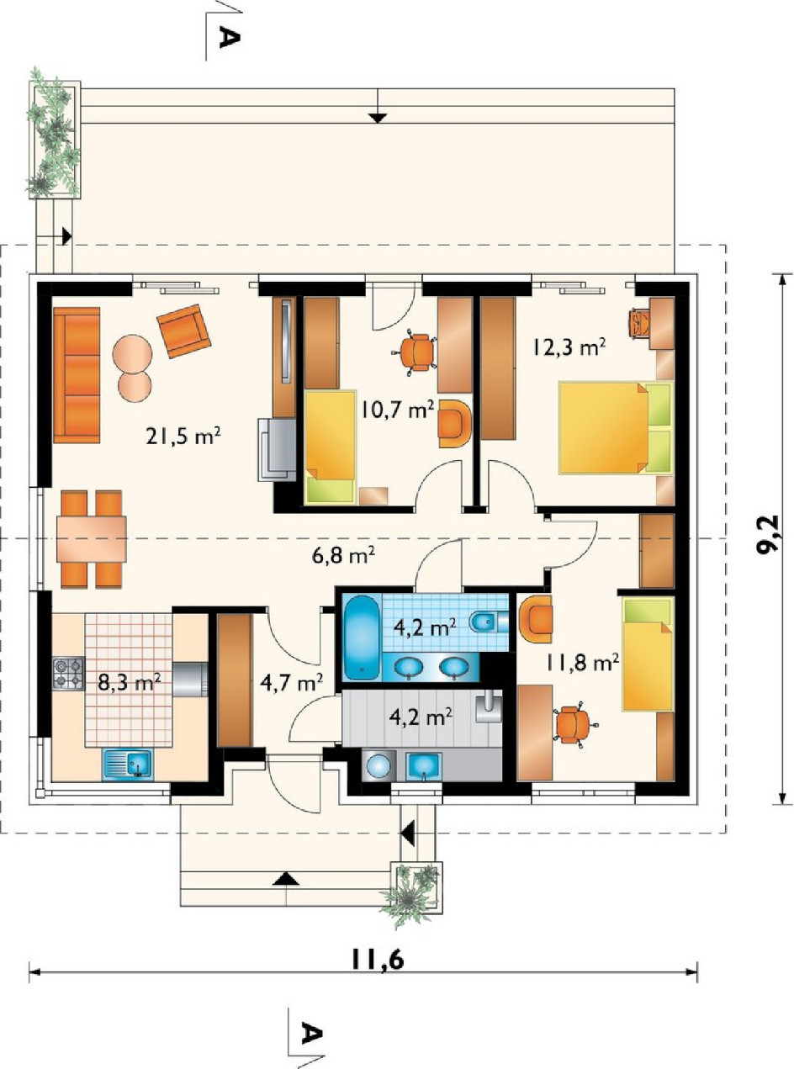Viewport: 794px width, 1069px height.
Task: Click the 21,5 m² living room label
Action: (183, 437)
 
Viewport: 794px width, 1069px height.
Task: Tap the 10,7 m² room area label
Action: (397, 410)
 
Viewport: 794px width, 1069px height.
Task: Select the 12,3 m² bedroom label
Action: (569, 347)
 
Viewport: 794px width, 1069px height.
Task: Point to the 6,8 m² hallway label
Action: (342, 556)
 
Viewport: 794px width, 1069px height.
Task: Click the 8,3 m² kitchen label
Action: (129, 682)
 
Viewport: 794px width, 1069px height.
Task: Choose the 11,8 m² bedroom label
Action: (582, 664)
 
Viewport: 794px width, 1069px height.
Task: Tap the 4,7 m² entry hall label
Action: (291, 682)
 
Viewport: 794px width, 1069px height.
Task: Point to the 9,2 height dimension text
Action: (767, 537)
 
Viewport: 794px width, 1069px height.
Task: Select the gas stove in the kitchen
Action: (68, 675)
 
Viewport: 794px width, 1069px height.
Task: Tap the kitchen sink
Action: (127, 765)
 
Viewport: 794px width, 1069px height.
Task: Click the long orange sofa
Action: (77, 375)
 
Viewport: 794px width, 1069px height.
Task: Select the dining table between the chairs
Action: (92, 539)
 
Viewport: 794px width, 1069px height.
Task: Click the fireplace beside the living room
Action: (278, 450)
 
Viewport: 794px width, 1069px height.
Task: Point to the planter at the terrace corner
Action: (54, 139)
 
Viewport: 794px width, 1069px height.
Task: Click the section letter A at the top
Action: (229, 37)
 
